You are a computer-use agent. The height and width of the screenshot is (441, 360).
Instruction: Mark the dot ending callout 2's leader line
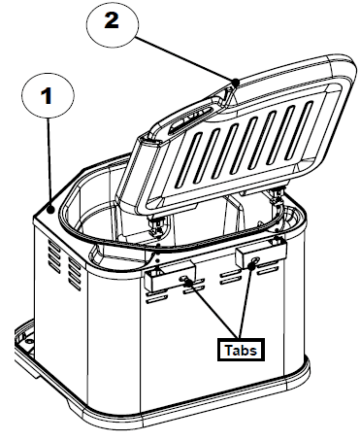[236, 82]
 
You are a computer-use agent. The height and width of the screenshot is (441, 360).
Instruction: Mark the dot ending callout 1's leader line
[49, 208]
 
